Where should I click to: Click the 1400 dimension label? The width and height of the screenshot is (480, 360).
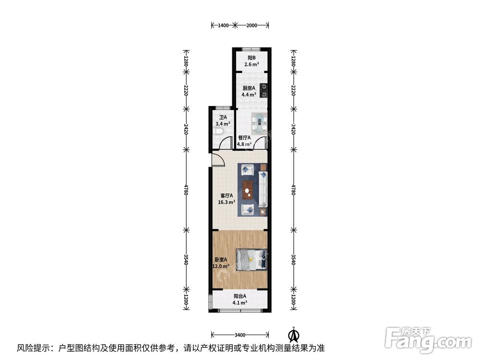(223, 25)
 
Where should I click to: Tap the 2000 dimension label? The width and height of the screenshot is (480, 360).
(252, 25)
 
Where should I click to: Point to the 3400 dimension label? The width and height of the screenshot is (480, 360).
(240, 335)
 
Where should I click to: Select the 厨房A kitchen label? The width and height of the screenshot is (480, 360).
(248, 88)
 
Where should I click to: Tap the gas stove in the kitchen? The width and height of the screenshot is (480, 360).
(263, 90)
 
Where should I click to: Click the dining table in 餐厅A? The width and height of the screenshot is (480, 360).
(260, 122)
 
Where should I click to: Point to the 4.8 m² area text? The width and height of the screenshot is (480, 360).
(244, 144)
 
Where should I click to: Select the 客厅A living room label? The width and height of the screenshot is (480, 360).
(227, 196)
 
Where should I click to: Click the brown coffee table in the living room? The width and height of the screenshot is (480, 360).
(248, 190)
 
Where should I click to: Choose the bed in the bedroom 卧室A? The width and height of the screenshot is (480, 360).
(252, 260)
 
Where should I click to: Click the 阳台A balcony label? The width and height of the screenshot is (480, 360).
(240, 296)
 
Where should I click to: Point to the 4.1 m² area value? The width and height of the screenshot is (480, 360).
(240, 302)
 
